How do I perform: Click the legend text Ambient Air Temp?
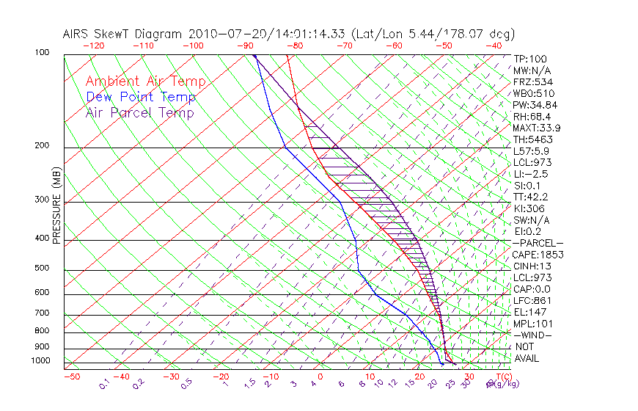click(145, 81)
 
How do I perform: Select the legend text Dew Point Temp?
click(140, 97)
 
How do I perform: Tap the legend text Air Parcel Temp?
click(139, 112)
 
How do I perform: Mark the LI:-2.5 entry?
click(531, 174)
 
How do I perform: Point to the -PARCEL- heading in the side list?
click(538, 243)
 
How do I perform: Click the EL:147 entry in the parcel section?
click(528, 312)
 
